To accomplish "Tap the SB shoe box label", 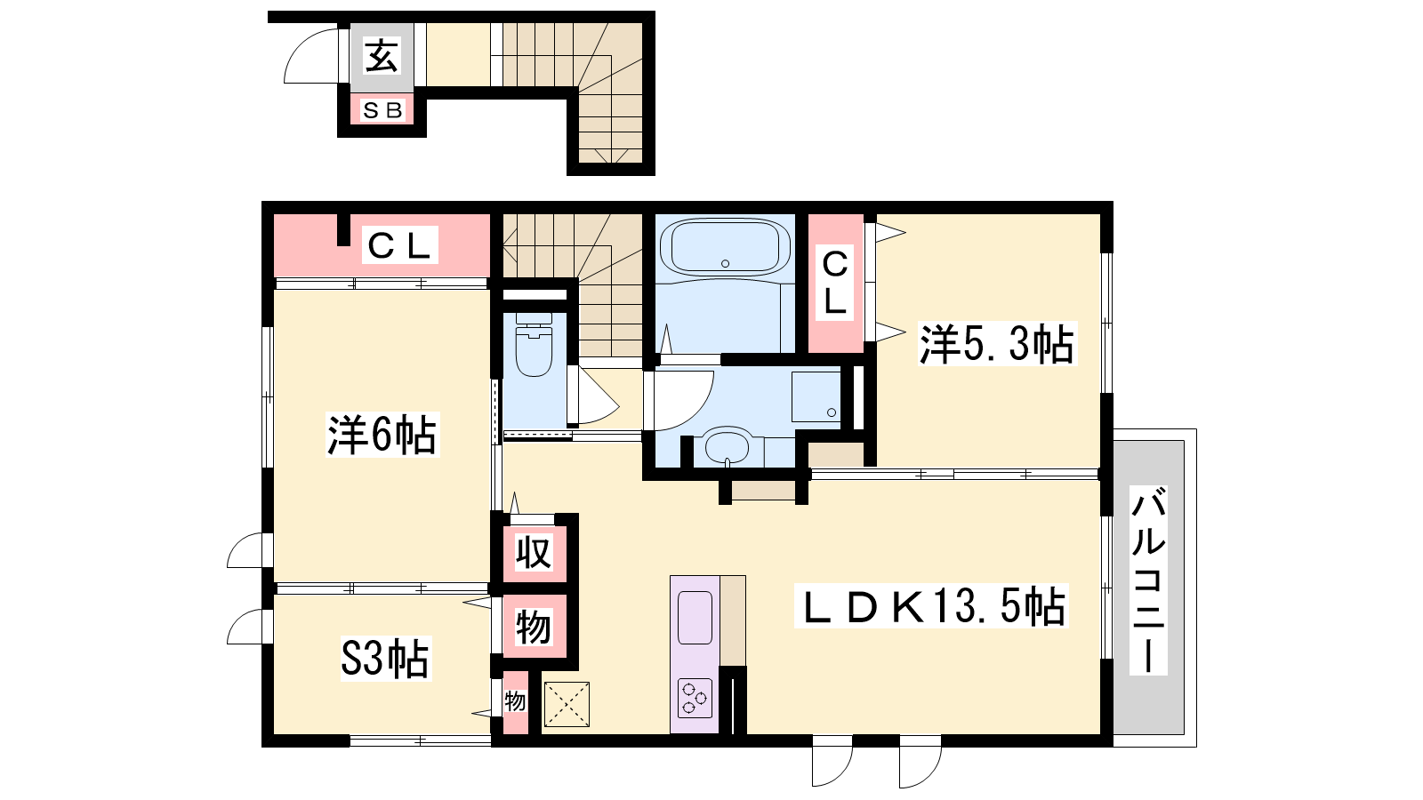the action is click(x=382, y=110).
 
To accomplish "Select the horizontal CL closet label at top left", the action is click(x=399, y=245).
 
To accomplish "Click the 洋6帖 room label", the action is click(x=382, y=435).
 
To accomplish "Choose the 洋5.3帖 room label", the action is click(x=996, y=343).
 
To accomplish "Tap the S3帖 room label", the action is click(x=385, y=659).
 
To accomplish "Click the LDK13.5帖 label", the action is click(x=930, y=606).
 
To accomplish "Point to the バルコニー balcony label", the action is click(x=1148, y=580).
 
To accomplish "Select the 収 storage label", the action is click(x=534, y=552).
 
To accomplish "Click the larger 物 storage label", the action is click(x=533, y=628).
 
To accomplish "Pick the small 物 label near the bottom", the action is click(x=515, y=701).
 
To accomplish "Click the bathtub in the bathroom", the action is click(x=725, y=246).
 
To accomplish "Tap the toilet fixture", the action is click(x=534, y=345).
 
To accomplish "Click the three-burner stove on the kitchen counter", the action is click(x=695, y=699).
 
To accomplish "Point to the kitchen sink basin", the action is click(x=695, y=618).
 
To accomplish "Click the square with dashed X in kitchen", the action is click(x=567, y=704).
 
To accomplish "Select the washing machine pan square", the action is click(x=816, y=396).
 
